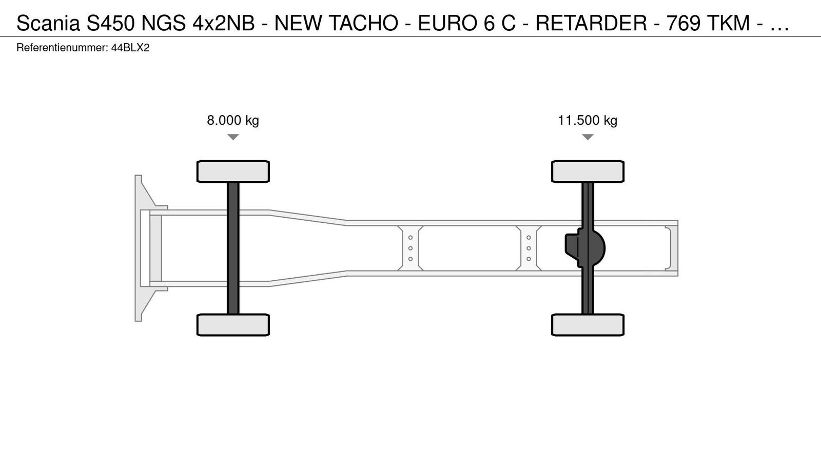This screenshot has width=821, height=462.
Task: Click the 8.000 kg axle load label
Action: (233, 120)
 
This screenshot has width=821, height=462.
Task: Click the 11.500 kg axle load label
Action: (588, 120)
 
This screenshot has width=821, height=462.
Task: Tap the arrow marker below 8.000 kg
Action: (233, 137)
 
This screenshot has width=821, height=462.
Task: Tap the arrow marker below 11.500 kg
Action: (588, 137)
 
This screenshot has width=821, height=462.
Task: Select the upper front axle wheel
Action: (233, 171)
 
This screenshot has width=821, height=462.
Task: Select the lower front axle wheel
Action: (233, 325)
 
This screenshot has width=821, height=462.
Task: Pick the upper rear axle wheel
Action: (588, 171)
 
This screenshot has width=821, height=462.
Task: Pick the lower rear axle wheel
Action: (588, 325)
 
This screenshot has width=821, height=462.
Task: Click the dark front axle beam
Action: (233, 248)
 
